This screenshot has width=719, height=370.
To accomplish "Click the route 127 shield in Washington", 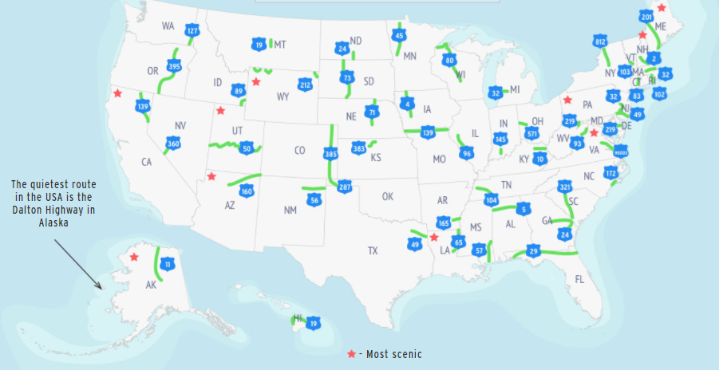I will point(191,30).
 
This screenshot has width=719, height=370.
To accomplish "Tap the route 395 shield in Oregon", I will point(174,67).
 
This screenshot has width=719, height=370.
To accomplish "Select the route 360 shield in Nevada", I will point(173,144).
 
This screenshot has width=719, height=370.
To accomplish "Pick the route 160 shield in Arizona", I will point(247,191).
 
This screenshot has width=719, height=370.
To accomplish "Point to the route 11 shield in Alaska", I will point(168,264).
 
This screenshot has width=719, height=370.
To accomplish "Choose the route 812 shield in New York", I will point(600,41).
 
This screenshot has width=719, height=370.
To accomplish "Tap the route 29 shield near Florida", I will point(533,252).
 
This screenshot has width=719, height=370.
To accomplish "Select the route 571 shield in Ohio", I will point(531,134).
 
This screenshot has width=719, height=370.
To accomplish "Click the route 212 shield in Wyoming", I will point(305,85).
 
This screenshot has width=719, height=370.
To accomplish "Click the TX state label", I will point(373,250).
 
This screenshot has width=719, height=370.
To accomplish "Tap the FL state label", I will point(580,279).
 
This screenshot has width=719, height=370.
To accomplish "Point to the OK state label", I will point(388,196).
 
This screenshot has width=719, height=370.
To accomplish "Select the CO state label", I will point(300,150).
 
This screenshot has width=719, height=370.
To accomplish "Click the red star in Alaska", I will point(135,257).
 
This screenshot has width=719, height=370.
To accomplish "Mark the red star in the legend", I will point(352,353).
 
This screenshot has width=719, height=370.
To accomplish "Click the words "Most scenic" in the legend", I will point(393,354).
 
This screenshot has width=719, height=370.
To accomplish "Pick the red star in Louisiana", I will point(434,237).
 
